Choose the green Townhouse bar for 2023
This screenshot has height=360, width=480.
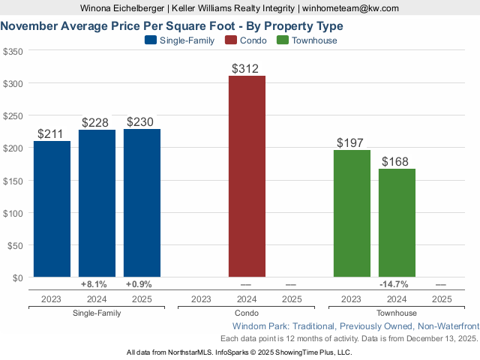point(352,213)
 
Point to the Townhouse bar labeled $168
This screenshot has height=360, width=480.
point(397,223)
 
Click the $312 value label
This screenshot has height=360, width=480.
point(247,69)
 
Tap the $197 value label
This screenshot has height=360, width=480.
point(352,143)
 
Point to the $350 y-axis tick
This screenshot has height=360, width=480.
point(13,52)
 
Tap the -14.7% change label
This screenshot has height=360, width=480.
point(394,284)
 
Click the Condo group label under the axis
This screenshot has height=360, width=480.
point(247,313)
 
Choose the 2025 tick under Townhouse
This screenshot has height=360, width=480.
point(442,299)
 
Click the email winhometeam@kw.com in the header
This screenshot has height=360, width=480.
point(350,8)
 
